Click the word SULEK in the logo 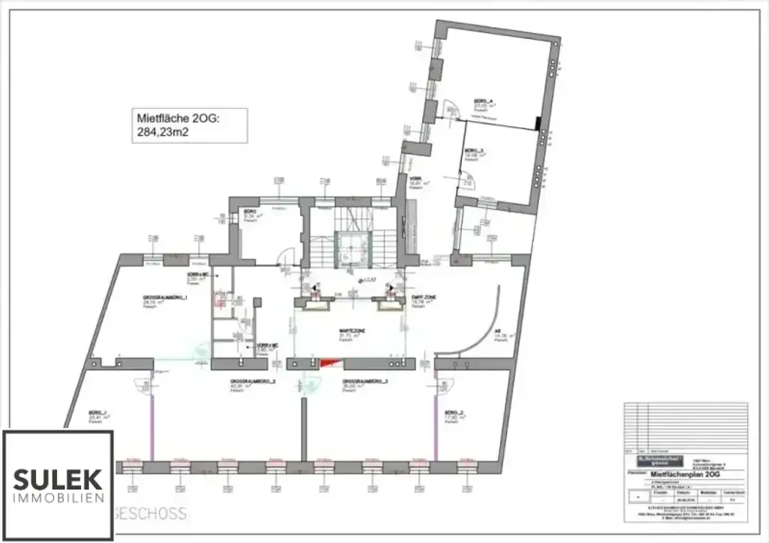pyautogui.click(x=58, y=477)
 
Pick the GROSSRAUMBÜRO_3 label pyautogui.click(x=365, y=382)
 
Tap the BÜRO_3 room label pyautogui.click(x=473, y=149)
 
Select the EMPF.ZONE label pyautogui.click(x=424, y=298)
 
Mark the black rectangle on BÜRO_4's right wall pyautogui.click(x=538, y=124)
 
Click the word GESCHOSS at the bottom pyautogui.click(x=150, y=514)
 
